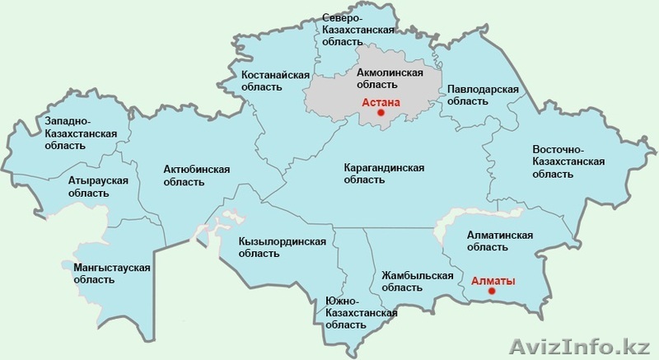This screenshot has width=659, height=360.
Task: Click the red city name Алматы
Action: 493,281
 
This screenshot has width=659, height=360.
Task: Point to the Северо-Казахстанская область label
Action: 353,30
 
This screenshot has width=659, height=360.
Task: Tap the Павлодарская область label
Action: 481,95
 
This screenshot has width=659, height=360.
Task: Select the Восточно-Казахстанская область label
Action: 569,161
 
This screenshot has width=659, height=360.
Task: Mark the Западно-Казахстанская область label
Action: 81,133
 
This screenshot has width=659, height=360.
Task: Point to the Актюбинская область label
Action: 196,176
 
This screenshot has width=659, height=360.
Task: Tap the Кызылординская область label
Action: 283,248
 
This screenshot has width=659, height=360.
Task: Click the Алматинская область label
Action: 499,241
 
